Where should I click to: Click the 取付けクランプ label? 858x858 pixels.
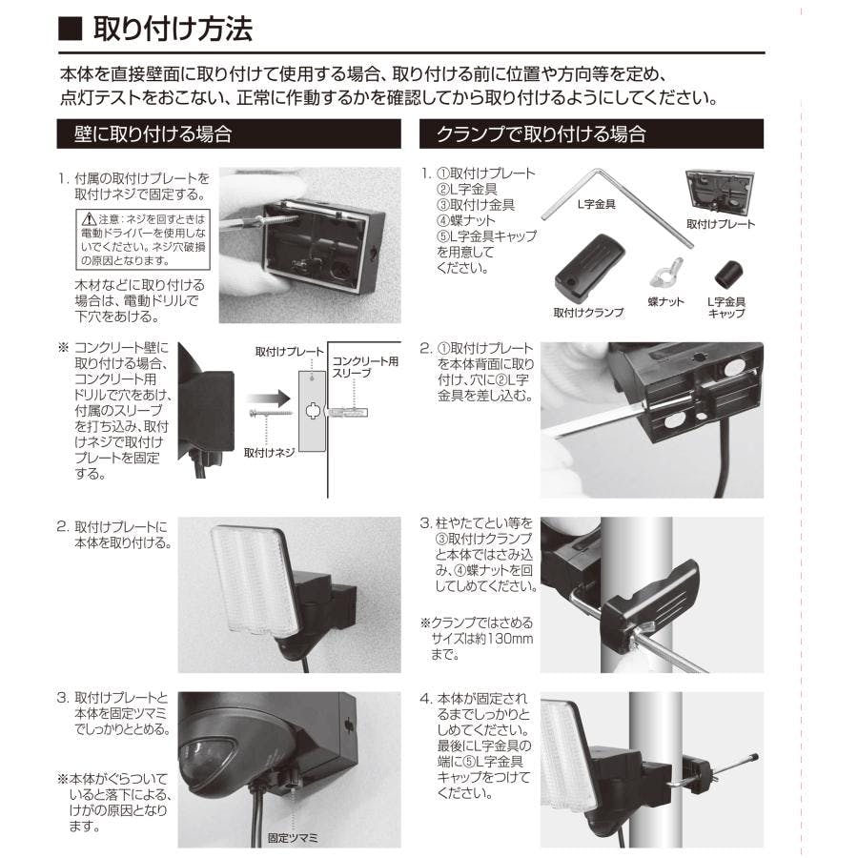point(588,312)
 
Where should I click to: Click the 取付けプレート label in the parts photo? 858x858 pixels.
point(721,224)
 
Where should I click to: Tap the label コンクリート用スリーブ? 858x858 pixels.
point(364,369)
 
